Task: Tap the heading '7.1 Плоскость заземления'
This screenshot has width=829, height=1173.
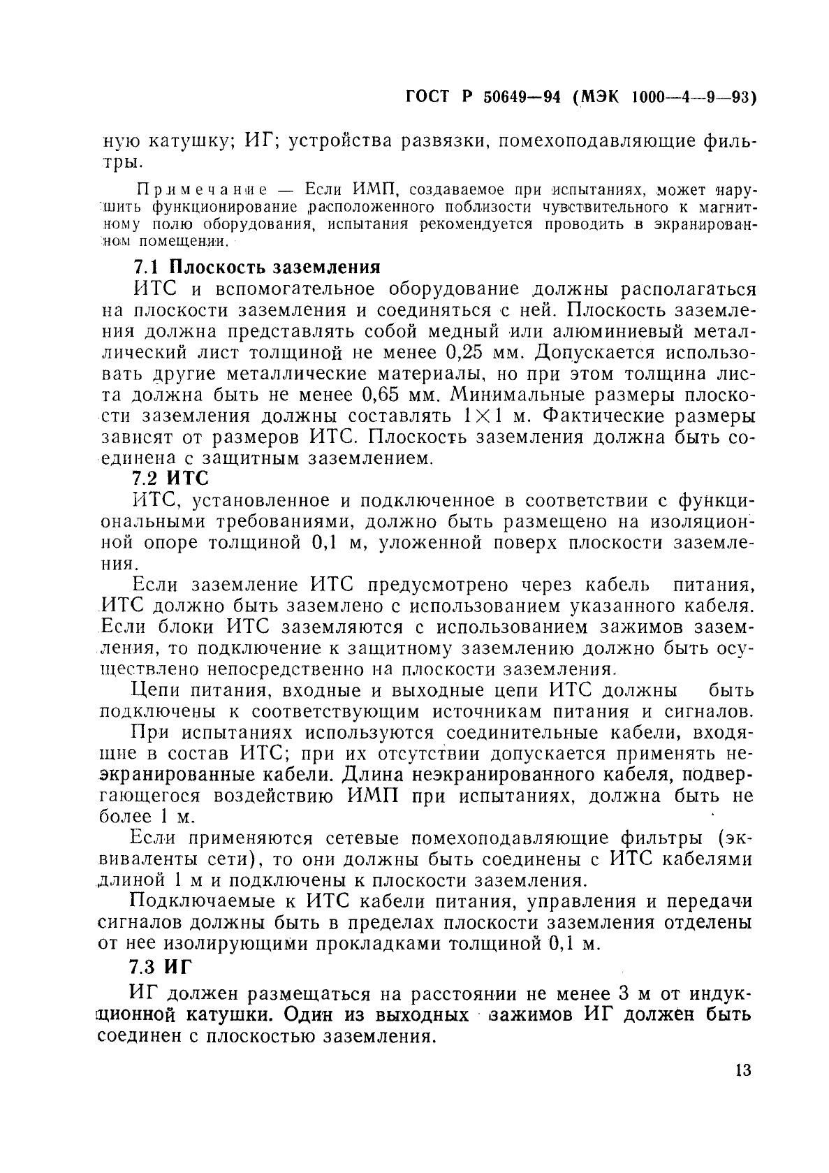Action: coord(256,267)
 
